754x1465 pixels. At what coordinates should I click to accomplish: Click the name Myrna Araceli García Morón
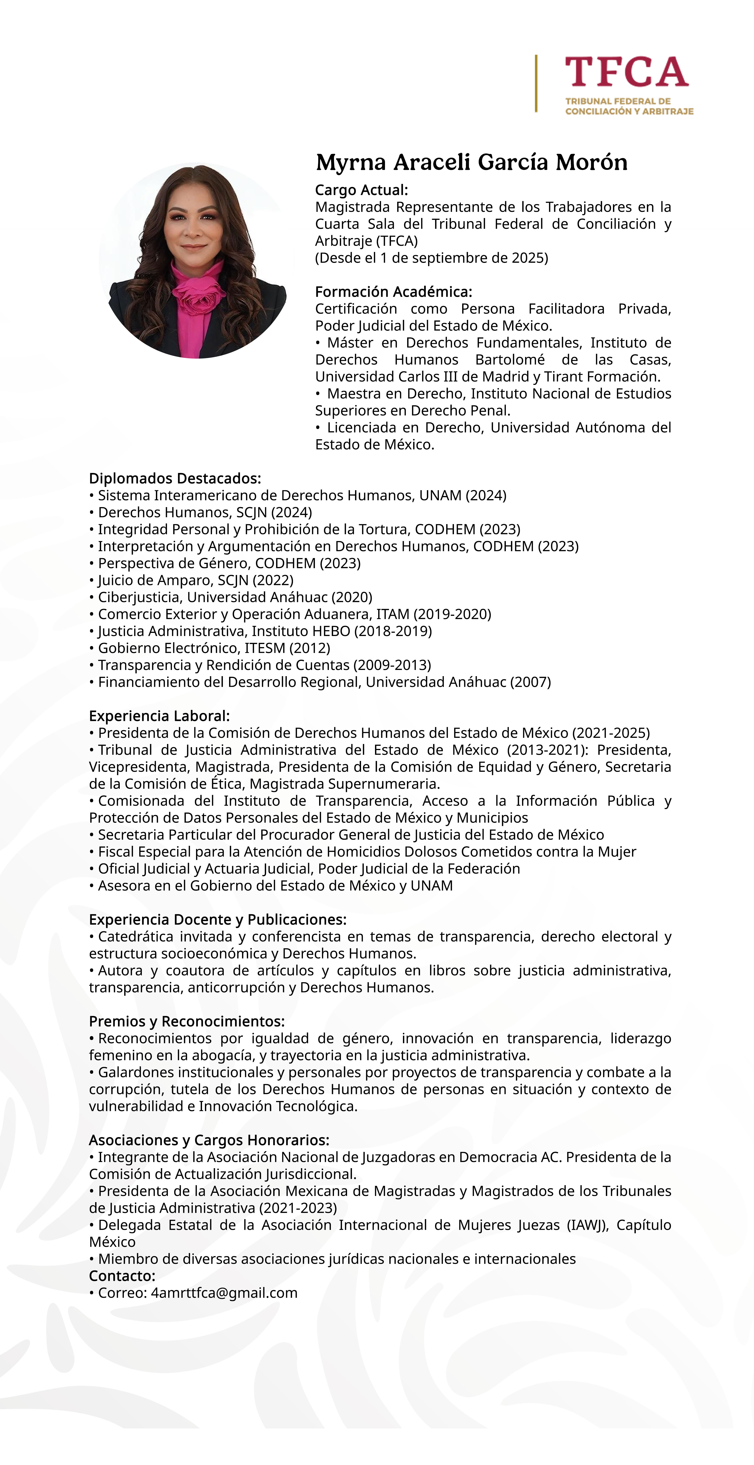click(x=471, y=163)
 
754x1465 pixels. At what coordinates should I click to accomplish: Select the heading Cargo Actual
click(x=362, y=190)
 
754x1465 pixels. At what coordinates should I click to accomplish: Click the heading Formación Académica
click(x=393, y=292)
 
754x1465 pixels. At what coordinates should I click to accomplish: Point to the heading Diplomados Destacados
click(x=175, y=478)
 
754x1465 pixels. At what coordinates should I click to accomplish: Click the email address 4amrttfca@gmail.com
click(x=224, y=1293)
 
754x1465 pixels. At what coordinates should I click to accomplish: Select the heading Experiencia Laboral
click(x=159, y=716)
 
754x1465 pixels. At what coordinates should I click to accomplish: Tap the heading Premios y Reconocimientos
click(x=187, y=1021)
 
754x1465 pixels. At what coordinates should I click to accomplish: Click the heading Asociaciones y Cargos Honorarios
click(x=209, y=1140)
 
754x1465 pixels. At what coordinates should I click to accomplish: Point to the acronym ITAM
click(x=392, y=614)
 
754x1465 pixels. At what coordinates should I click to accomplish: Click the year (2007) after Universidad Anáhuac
click(x=530, y=682)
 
